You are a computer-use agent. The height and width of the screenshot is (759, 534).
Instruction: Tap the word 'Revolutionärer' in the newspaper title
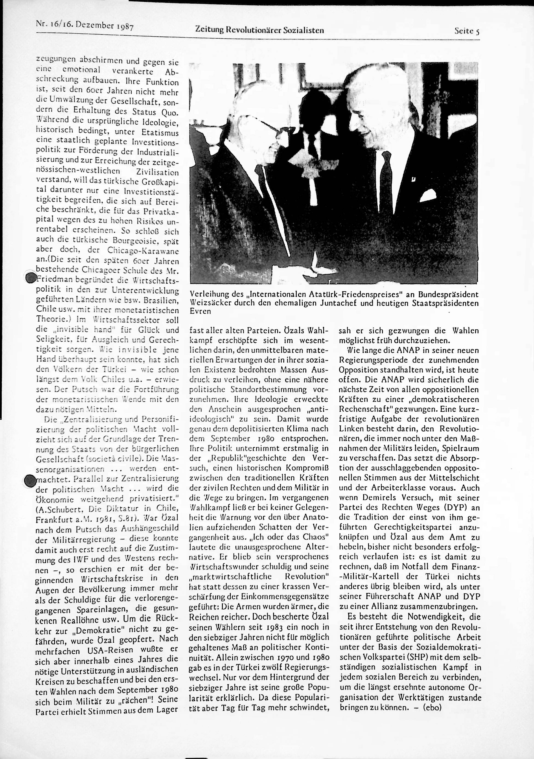click(x=252, y=30)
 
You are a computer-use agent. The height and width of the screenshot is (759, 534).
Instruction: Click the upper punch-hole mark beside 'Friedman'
click(x=31, y=278)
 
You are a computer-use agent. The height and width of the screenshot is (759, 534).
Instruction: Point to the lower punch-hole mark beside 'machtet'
click(x=30, y=480)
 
